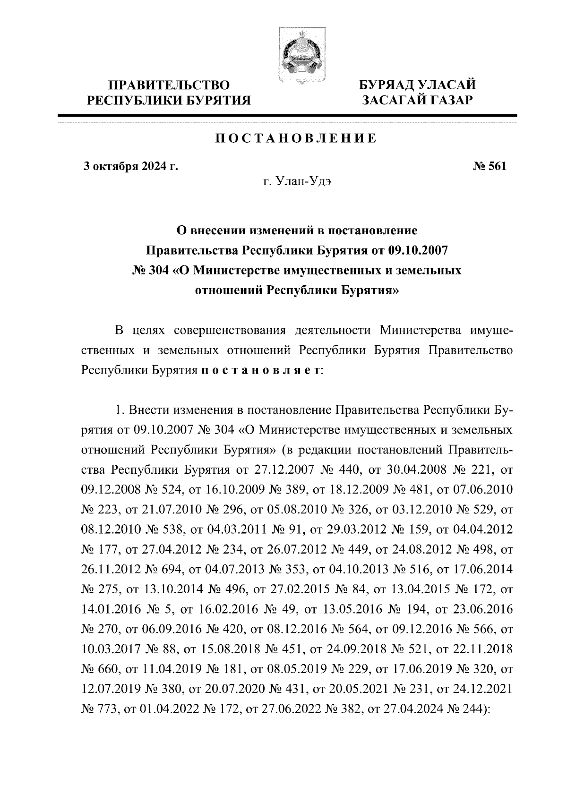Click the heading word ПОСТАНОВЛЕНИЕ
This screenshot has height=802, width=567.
click(296, 138)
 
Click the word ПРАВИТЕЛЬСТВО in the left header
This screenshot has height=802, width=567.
click(170, 85)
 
